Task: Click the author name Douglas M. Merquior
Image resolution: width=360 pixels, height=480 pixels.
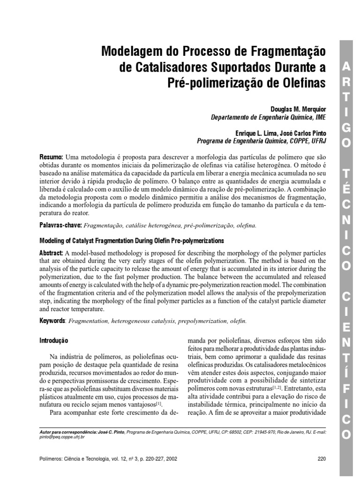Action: point(298,108)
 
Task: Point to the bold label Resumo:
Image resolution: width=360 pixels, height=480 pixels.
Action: point(51,156)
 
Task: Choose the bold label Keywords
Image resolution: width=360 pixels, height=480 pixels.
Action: point(52,321)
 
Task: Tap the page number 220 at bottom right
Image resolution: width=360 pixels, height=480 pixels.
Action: point(321,459)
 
